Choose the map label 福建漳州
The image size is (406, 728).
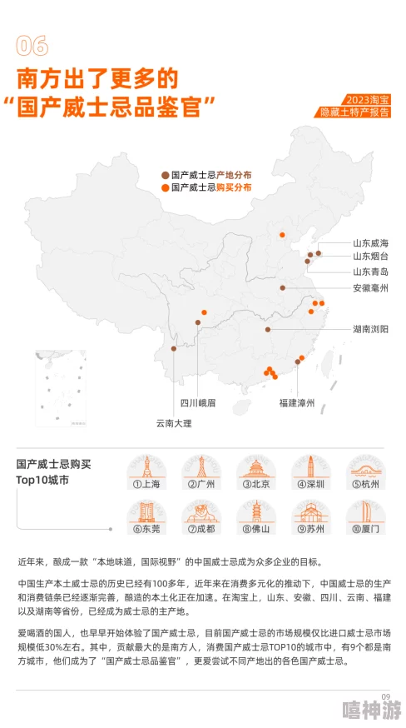point(297,403)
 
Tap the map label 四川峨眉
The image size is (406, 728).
point(198,403)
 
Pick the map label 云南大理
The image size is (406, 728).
point(173,423)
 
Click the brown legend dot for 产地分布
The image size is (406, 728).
point(165,175)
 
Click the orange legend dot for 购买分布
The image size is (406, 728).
point(165,187)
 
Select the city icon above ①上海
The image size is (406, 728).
point(146,466)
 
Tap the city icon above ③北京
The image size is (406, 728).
point(256,466)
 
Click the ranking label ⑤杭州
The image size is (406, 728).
point(366,484)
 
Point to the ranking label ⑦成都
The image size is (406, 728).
point(201,529)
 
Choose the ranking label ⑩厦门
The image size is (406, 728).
point(366,529)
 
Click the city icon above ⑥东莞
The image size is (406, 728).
point(146,511)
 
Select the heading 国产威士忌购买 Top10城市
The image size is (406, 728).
point(54,471)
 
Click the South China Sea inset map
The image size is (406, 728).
point(61,388)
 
